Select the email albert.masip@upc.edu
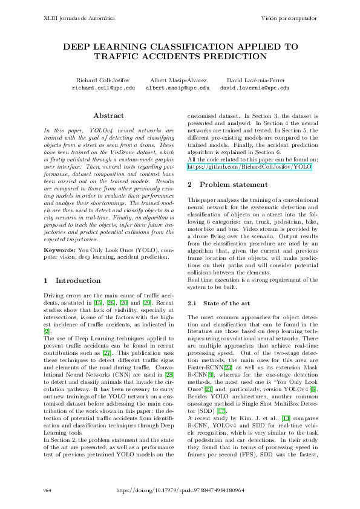pyautogui.click(x=177, y=88)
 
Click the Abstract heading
pyautogui.click(x=109, y=115)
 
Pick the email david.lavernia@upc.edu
pyautogui.click(x=254, y=88)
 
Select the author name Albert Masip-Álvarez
pyautogui.click(x=177, y=80)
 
